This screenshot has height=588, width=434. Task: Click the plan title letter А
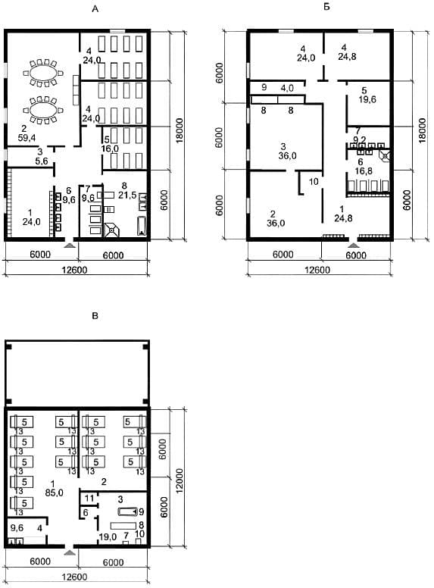click(95, 9)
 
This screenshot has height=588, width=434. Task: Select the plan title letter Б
click(326, 6)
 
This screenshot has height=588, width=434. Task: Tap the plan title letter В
click(95, 316)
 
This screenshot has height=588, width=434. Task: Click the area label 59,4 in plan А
click(27, 138)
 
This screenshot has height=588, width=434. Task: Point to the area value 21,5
click(127, 195)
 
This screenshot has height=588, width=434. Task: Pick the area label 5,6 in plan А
click(41, 161)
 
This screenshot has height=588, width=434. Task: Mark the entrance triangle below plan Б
click(353, 246)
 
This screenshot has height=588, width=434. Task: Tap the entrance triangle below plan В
click(70, 552)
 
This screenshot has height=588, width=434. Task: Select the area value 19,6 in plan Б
click(367, 100)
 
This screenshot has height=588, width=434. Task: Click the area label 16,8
click(364, 171)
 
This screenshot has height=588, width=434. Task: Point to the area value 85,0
click(54, 493)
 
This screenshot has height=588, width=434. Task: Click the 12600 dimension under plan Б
click(317, 270)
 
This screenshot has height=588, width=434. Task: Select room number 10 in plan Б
click(314, 182)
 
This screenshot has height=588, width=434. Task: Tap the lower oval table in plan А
click(42, 111)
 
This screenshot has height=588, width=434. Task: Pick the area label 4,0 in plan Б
click(287, 88)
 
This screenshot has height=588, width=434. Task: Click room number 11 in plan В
click(89, 499)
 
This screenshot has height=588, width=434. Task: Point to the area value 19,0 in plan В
click(108, 537)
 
